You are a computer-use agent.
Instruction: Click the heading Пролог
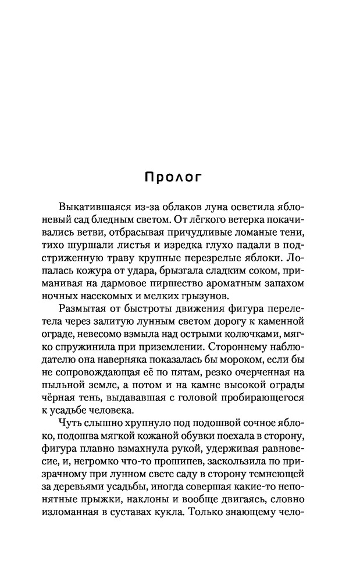tap(173, 178)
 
